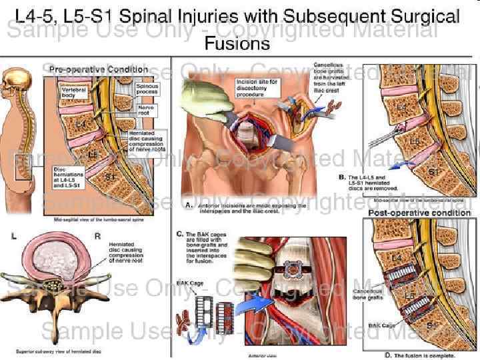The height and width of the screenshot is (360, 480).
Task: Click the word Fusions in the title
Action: pyautogui.click(x=238, y=44)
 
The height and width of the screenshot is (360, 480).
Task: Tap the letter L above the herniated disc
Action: pyautogui.click(x=14, y=236)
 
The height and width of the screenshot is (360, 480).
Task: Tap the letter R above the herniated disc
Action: pyautogui.click(x=97, y=236)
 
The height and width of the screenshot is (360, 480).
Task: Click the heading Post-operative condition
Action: pyautogui.click(x=419, y=213)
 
